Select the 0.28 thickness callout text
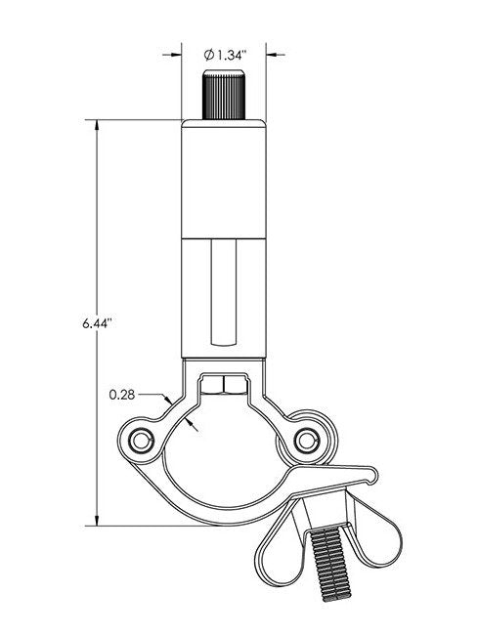pyautogui.click(x=122, y=395)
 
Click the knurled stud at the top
pyautogui.click(x=224, y=93)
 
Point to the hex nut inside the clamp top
pyautogui.click(x=224, y=384)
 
